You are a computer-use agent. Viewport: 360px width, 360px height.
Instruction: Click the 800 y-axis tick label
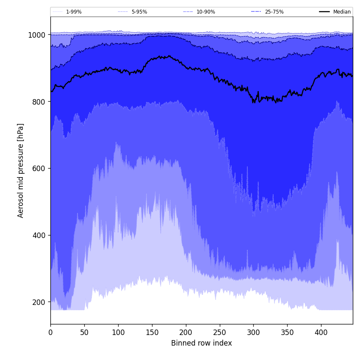click(x=39, y=102)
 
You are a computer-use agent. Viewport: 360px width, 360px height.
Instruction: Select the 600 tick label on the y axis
click(x=39, y=168)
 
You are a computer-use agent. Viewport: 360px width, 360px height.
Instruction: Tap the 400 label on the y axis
click(x=39, y=235)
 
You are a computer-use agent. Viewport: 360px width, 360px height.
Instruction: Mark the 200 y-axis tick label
click(x=39, y=302)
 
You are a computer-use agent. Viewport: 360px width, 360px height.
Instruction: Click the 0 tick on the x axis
click(x=50, y=333)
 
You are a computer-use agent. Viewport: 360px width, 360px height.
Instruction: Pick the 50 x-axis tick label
click(x=84, y=333)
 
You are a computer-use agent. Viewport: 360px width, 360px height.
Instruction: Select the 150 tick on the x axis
click(x=152, y=333)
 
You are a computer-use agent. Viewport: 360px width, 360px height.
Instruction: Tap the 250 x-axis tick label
click(x=219, y=333)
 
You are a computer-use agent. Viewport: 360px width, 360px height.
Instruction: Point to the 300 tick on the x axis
click(x=253, y=333)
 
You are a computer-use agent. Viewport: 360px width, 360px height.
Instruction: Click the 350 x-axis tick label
click(x=287, y=333)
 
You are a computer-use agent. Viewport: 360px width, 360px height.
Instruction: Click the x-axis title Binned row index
click(x=202, y=343)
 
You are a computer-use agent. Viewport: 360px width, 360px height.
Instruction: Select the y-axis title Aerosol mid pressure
click(x=21, y=170)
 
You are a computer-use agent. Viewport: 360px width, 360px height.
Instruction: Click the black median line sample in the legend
click(x=324, y=12)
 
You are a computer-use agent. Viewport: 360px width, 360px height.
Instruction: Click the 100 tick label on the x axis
click(x=118, y=333)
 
